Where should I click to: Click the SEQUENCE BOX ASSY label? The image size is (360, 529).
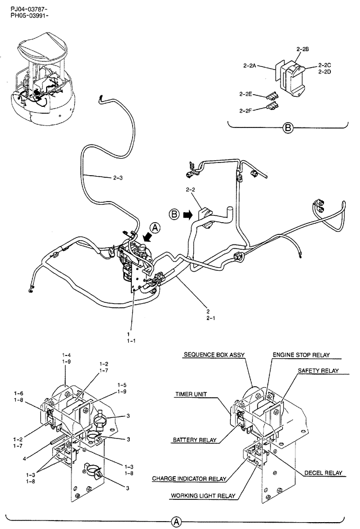point(214,355)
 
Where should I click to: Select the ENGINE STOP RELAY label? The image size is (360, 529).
point(303,355)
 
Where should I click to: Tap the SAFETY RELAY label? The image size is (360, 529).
point(318,371)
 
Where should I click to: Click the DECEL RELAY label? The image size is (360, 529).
point(322,472)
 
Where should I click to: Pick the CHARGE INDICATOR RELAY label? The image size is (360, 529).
point(189,479)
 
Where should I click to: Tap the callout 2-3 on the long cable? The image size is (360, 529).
point(118,178)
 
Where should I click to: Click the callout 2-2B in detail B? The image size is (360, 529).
point(302,49)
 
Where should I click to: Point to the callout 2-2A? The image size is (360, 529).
point(250,66)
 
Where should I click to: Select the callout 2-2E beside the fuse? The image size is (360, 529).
point(245,95)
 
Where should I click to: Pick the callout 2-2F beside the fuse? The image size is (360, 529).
point(245,111)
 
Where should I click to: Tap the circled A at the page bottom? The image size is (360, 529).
point(176,522)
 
